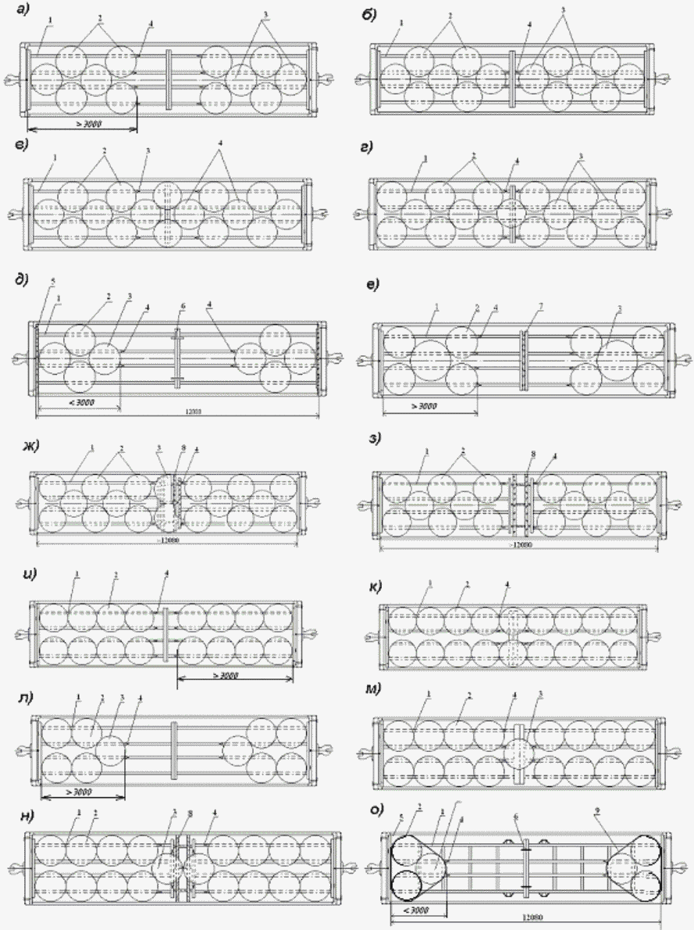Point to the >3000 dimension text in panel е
[x=422, y=406]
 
